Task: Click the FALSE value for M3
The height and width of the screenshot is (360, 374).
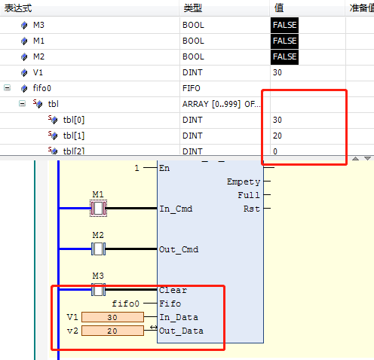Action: (284, 25)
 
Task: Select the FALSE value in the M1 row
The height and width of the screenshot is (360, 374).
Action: (284, 41)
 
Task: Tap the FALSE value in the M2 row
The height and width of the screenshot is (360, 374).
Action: (284, 56)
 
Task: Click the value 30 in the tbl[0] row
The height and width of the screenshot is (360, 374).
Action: (277, 120)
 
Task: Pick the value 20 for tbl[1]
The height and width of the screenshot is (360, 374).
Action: (277, 136)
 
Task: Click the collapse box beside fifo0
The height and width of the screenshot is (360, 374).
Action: (7, 88)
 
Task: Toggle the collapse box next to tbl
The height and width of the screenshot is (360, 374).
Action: (22, 104)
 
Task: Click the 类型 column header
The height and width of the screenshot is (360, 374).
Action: (193, 8)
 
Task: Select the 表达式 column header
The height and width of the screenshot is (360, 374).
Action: (18, 8)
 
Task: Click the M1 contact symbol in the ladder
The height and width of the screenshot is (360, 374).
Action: (98, 208)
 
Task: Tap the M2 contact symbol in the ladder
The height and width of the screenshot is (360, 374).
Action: (98, 249)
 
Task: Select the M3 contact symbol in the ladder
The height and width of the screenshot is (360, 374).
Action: (98, 290)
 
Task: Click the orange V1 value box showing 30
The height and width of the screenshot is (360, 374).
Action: (112, 317)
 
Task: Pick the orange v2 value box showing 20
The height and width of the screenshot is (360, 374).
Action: (112, 331)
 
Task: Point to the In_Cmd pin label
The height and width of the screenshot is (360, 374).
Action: (176, 209)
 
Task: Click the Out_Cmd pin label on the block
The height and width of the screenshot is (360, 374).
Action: (179, 250)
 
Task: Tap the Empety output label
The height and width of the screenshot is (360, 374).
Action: (244, 182)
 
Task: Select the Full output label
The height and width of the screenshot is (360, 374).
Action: (249, 195)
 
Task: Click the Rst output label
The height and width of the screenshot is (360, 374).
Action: (252, 209)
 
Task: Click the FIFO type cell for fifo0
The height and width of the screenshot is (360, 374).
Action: (192, 88)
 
